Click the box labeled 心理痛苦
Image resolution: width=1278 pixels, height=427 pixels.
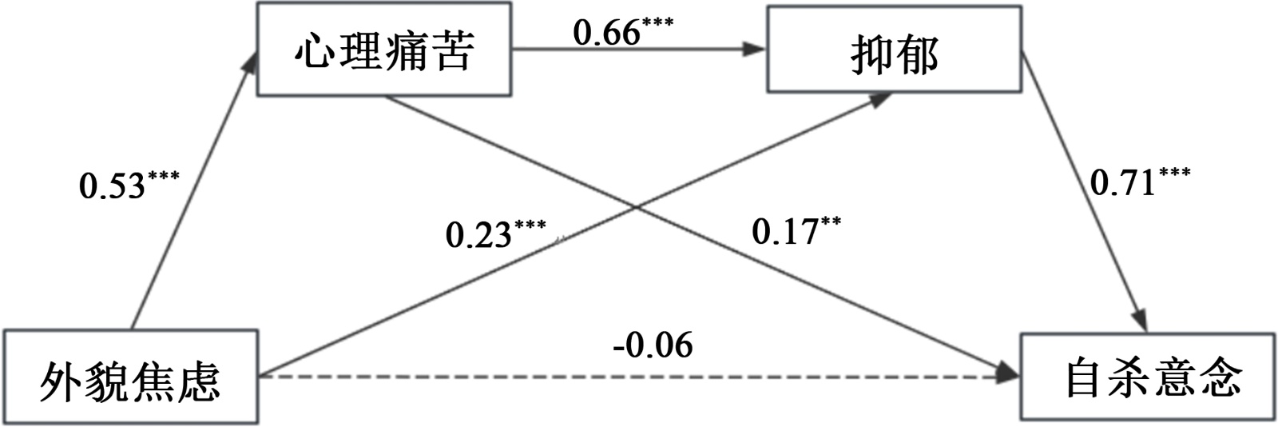pyautogui.click(x=384, y=51)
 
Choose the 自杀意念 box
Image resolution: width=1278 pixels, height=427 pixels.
pyautogui.click(x=1148, y=376)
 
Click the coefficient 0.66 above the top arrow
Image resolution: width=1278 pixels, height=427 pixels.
pyautogui.click(x=608, y=34)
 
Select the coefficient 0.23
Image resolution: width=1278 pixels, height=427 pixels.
pyautogui.click(x=478, y=235)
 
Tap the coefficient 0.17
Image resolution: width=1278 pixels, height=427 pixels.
pyautogui.click(x=785, y=233)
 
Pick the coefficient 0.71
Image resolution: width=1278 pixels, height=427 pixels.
pyautogui.click(x=1123, y=184)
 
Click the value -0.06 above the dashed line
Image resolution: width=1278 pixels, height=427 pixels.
pyautogui.click(x=654, y=345)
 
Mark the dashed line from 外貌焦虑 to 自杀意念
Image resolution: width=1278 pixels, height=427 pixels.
pyautogui.click(x=623, y=375)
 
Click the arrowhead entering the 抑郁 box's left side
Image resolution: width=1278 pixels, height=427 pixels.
pyautogui.click(x=755, y=49)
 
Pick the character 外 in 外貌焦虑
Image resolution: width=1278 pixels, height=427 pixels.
pyautogui.click(x=62, y=378)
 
